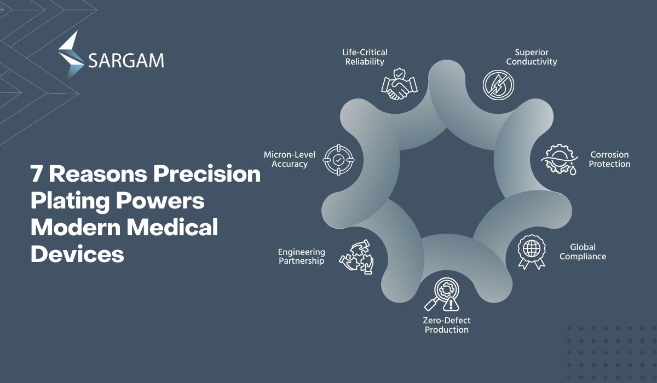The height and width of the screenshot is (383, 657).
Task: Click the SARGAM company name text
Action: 126,61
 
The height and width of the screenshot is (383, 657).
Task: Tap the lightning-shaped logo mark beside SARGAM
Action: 71,56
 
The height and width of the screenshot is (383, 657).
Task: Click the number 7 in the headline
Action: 37,174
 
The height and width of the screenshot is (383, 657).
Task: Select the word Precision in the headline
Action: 207,174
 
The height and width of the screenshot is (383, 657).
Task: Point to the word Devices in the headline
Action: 77,253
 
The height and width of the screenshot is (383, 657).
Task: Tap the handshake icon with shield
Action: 399,84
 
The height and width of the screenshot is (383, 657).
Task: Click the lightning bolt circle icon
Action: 498,85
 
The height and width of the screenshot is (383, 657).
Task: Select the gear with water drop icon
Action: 560,159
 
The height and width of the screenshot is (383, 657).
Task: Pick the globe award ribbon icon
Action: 532,252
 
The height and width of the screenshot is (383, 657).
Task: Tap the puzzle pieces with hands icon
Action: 356,257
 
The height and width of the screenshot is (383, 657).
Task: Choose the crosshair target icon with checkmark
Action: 338,160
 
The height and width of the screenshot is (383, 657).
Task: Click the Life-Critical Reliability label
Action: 365,57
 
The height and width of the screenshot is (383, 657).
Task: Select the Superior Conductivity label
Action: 532,57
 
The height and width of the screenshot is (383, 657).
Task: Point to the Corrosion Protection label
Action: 609,159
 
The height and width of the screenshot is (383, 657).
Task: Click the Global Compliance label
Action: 583,252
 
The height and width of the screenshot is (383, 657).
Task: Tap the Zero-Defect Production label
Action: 447,325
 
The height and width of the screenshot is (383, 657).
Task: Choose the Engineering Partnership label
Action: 302,257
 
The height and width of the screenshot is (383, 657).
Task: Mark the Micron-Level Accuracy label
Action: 290,159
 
